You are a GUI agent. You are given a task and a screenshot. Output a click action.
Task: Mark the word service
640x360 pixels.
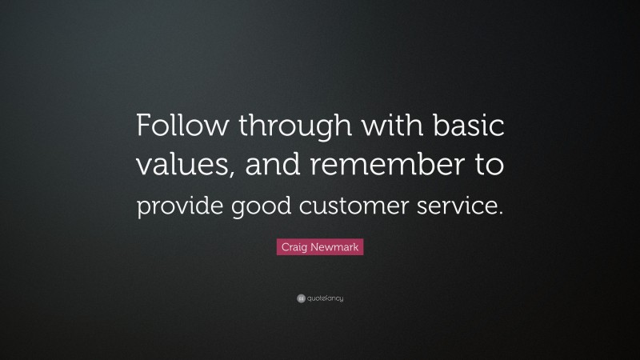(456, 206)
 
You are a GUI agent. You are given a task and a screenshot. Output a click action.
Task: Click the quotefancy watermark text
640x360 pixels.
(326, 298)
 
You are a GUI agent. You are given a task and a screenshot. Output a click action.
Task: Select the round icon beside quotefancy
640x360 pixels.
(301, 298)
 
